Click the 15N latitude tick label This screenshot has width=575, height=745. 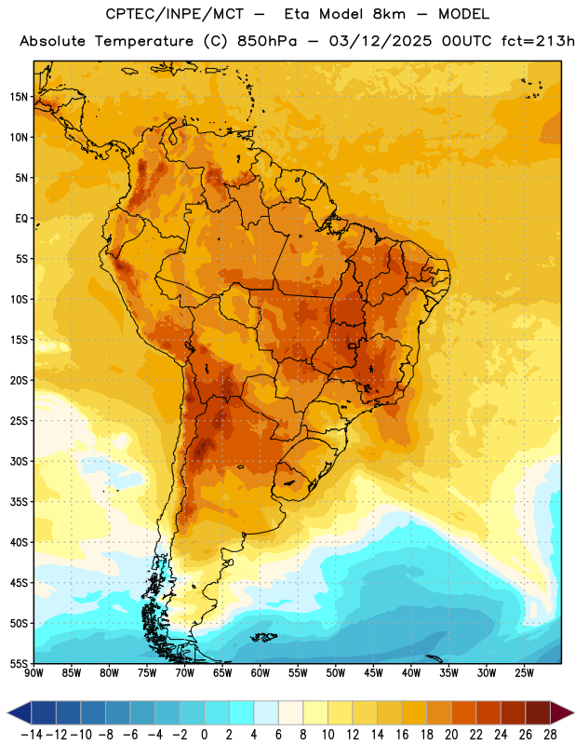click(20, 97)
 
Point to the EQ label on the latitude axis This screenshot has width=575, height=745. click(21, 219)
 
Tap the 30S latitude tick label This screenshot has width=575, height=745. click(20, 461)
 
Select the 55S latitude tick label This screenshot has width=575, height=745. click(20, 664)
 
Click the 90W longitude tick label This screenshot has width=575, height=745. click(33, 673)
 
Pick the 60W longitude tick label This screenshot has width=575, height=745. click(261, 673)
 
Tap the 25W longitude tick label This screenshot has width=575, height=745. click(524, 673)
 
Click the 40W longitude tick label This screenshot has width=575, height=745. click(411, 673)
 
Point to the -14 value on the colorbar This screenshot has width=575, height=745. click(32, 735)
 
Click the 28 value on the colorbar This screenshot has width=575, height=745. click(550, 735)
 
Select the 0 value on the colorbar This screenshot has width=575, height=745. click(204, 735)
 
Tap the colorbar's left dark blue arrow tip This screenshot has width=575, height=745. click(7, 713)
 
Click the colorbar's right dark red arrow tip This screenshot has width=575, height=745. click(573, 713)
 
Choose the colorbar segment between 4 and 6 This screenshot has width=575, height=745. click(266, 713)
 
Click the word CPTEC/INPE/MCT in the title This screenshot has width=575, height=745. click(175, 14)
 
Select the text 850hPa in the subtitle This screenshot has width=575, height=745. click(267, 41)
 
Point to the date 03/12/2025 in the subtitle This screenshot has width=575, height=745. click(381, 41)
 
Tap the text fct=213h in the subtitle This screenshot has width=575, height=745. click(538, 41)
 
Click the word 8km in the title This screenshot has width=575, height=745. click(389, 14)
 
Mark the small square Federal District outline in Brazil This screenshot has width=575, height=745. click(352, 345)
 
